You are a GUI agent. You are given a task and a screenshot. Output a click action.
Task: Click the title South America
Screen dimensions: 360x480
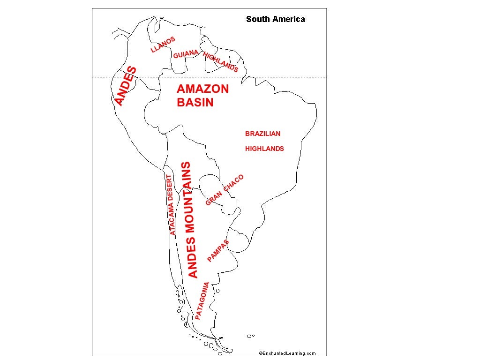click(x=275, y=19)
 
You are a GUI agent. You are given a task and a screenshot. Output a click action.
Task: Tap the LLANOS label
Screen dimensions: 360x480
click(x=163, y=45)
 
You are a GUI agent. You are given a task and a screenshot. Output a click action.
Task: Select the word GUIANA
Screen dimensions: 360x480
click(x=186, y=54)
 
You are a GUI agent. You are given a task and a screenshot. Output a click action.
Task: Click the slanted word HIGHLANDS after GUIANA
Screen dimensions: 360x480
click(x=220, y=61)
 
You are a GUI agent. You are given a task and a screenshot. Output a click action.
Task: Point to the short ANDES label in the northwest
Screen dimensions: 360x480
click(x=126, y=86)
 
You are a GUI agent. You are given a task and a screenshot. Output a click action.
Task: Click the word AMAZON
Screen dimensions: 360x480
click(x=202, y=89)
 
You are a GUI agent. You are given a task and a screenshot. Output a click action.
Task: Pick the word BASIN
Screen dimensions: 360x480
click(x=195, y=103)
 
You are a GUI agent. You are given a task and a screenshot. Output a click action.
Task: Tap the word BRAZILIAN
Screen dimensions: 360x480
click(x=262, y=134)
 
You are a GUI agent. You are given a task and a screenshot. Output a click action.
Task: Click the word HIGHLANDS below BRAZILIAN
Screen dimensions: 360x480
click(x=264, y=149)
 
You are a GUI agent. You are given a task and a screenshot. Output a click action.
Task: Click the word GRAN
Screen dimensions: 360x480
click(x=213, y=199)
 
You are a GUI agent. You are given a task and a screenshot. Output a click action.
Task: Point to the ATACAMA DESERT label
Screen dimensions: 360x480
click(x=172, y=205)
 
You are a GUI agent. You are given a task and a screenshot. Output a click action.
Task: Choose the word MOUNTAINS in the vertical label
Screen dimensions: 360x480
click(x=188, y=197)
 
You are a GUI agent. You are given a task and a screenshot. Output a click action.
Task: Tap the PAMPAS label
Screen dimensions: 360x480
click(x=218, y=251)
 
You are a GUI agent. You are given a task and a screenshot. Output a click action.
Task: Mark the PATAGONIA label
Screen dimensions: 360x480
click(x=202, y=300)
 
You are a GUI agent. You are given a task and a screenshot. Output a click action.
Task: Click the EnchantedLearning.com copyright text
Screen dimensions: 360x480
click(x=287, y=353)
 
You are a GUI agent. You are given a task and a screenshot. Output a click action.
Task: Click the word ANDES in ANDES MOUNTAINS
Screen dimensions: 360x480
click(x=193, y=257)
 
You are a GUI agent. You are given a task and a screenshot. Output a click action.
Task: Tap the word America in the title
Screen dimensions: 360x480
click(x=289, y=19)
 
